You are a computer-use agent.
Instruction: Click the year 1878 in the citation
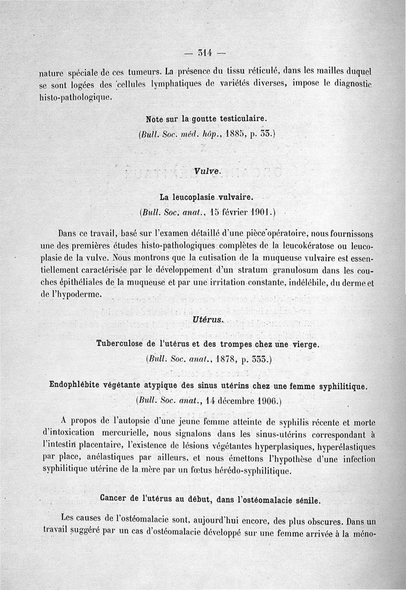pos(224,359)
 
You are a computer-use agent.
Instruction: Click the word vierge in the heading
pos(303,344)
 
